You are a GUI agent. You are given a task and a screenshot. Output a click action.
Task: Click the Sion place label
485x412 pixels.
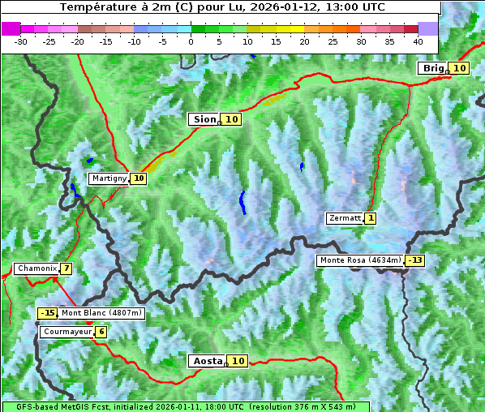204,119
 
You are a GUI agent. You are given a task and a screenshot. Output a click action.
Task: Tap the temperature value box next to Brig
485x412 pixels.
459,68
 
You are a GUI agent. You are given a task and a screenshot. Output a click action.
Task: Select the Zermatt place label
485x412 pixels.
345,218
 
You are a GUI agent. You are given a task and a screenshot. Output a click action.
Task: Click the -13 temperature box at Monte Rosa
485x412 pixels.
415,260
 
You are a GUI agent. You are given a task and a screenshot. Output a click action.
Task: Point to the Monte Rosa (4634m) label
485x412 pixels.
360,260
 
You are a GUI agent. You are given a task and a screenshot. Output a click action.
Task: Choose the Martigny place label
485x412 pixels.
109,178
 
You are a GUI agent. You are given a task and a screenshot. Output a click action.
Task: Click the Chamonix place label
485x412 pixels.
36,268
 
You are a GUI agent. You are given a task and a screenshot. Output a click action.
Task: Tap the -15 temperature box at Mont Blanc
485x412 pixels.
48,313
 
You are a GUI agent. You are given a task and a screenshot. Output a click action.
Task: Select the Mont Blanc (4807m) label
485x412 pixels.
101,313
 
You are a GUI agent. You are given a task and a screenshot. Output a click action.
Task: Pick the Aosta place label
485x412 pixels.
207,361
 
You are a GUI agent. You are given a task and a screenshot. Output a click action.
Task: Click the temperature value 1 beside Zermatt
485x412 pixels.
371,218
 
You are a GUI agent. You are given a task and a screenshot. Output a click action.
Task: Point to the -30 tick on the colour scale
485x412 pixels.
21,41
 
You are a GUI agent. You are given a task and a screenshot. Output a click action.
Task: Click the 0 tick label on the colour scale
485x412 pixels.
191,41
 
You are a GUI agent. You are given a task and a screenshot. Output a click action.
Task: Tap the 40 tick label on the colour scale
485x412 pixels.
418,41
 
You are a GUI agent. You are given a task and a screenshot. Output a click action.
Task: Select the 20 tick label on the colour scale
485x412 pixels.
304,41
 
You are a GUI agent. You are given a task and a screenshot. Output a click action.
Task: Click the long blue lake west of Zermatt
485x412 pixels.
242,202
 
